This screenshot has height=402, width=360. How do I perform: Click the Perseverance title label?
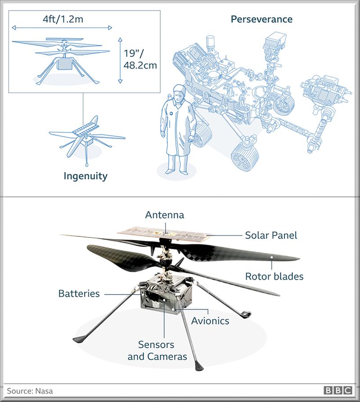click(x=261, y=19)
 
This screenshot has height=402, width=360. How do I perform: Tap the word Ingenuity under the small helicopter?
click(x=85, y=176)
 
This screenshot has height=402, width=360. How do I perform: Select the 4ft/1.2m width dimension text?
click(x=63, y=19)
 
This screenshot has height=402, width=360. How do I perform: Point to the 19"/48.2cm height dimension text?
click(x=140, y=59)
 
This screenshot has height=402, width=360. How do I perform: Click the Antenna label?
click(x=165, y=215)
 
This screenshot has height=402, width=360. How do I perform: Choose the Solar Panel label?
click(x=271, y=235)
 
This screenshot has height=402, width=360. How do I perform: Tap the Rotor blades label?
click(x=274, y=277)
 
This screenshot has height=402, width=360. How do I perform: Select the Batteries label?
click(x=79, y=294)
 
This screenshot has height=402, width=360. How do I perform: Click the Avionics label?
click(x=210, y=321)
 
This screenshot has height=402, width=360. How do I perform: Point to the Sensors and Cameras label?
click(x=157, y=350)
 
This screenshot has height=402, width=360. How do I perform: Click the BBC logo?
click(x=337, y=390)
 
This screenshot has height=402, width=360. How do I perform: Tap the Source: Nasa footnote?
click(x=30, y=391)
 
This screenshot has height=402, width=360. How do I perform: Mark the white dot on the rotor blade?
click(x=271, y=257)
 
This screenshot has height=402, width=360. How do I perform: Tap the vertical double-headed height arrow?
click(x=120, y=61)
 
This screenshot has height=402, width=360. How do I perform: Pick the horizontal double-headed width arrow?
click(x=62, y=28)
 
